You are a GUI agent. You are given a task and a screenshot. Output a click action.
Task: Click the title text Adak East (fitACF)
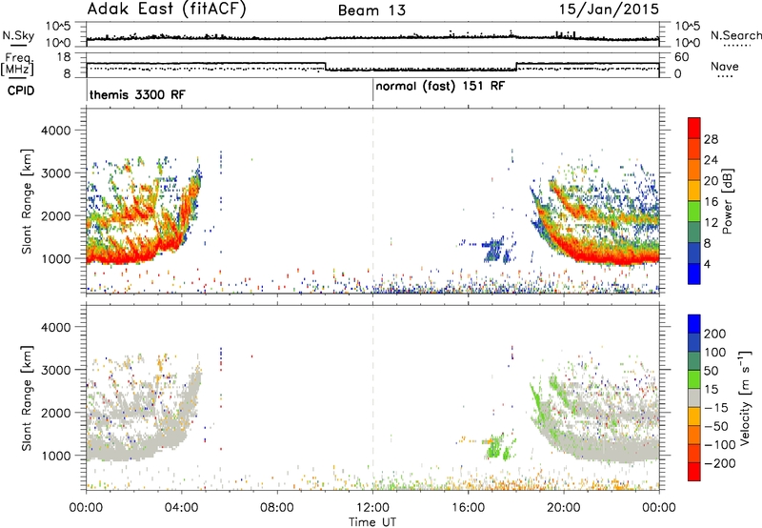pyautogui.click(x=167, y=9)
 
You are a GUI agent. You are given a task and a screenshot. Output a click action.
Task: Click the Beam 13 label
pyautogui.click(x=371, y=10)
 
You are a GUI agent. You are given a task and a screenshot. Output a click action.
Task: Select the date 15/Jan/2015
pyautogui.click(x=609, y=9)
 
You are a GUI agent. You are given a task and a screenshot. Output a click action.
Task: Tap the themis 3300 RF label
pyautogui.click(x=137, y=94)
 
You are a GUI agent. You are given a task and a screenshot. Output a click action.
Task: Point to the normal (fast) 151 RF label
pyautogui.click(x=440, y=87)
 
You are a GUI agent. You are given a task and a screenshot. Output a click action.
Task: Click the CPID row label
pyautogui.click(x=21, y=91)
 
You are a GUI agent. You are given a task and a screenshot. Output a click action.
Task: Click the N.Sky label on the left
pyautogui.click(x=18, y=35)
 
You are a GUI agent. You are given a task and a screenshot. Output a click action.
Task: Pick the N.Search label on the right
pyautogui.click(x=735, y=35)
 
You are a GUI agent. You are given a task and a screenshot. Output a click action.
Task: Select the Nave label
pyautogui.click(x=725, y=66)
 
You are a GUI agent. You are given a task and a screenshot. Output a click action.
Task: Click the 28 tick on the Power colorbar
pyautogui.click(x=711, y=139)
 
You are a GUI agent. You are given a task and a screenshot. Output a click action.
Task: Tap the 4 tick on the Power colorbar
pyautogui.click(x=707, y=264)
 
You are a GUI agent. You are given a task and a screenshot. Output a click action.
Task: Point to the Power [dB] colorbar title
pyautogui.click(x=727, y=201)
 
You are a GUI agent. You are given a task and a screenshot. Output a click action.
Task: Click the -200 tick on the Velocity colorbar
pyautogui.click(x=715, y=463)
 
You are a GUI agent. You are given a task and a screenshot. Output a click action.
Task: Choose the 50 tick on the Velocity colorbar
pyautogui.click(x=711, y=371)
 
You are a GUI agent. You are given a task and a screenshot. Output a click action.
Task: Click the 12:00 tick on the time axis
pyautogui.click(x=372, y=508)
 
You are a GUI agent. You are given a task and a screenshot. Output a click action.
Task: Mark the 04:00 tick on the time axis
pyautogui.click(x=182, y=508)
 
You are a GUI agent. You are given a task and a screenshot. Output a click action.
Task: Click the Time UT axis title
pyautogui.click(x=372, y=522)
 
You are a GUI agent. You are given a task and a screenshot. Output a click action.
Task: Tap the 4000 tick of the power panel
pyautogui.click(x=56, y=131)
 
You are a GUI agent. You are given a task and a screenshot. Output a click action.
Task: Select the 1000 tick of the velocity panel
pyautogui.click(x=56, y=456)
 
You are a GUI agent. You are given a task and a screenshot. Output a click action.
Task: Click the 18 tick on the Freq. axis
pyautogui.click(x=64, y=57)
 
